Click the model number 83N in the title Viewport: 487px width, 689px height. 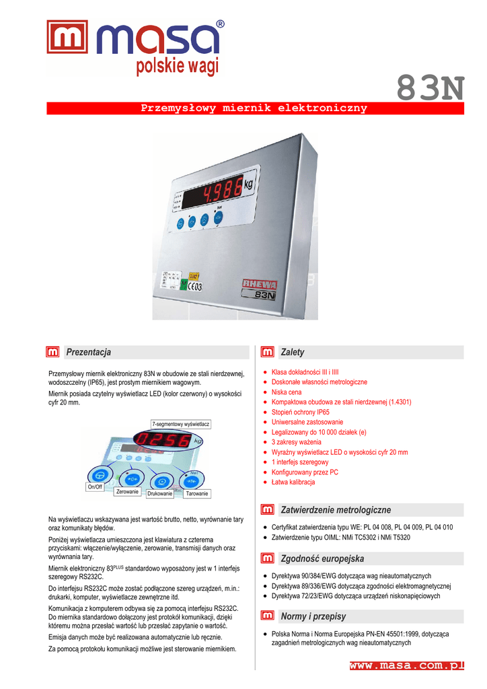coord(430,87)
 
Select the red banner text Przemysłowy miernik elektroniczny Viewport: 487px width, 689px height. coord(254,108)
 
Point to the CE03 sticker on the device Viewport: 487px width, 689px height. coord(193,286)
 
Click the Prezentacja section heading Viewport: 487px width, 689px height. coord(88,352)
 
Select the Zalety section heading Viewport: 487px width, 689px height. coord(293,352)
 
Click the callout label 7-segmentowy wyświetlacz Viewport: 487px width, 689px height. coord(181,425)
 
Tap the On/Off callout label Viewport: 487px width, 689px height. coord(95,486)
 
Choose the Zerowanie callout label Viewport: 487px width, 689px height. coord(127,492)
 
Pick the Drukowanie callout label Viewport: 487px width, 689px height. coord(160,494)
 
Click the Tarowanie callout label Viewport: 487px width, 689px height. coord(197,494)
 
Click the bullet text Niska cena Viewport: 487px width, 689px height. coord(287,392)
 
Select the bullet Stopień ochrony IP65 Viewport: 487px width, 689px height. coord(301,412)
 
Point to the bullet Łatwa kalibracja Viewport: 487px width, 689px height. coord(293,482)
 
